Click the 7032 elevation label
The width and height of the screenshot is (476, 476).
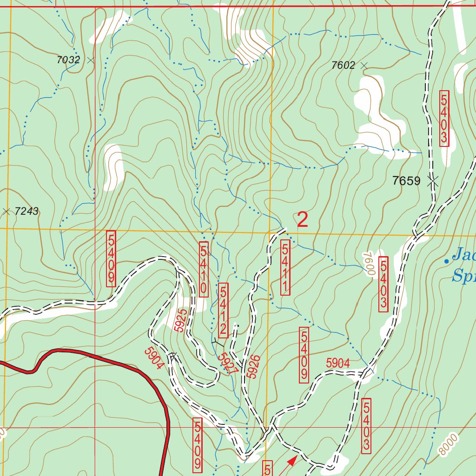(x=68, y=60)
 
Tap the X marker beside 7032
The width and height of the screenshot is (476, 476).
(x=90, y=60)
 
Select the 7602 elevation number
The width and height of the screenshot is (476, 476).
(x=343, y=66)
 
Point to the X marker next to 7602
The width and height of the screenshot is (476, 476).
(x=364, y=66)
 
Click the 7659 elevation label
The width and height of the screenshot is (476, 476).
(x=406, y=181)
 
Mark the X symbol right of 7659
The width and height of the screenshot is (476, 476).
(x=433, y=180)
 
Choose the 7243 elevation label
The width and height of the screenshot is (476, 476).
(x=26, y=212)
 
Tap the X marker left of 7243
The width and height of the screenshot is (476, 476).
(x=7, y=212)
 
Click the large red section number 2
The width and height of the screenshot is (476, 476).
(x=302, y=220)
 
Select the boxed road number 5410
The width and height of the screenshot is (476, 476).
(x=204, y=269)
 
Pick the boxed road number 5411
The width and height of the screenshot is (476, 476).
(x=285, y=267)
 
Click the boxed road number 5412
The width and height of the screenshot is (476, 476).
(x=223, y=310)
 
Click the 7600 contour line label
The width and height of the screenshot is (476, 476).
(x=369, y=264)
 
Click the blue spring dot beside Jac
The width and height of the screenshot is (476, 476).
(x=446, y=261)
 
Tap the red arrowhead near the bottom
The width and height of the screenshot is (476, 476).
(x=292, y=460)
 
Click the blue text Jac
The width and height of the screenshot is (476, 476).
(x=464, y=254)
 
